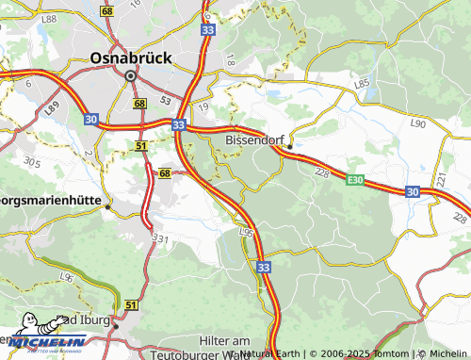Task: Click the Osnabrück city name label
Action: click(131, 57)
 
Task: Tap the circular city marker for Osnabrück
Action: click(130, 74)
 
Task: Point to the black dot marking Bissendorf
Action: click(290, 146)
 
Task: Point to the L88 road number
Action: click(49, 19)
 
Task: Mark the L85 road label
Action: click(362, 84)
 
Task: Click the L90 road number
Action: click(418, 123)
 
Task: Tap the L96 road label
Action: click(66, 276)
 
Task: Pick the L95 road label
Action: click(247, 232)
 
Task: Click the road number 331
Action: click(159, 241)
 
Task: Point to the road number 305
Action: click(32, 162)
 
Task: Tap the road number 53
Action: click(165, 98)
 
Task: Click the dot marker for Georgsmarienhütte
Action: click(108, 205)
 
